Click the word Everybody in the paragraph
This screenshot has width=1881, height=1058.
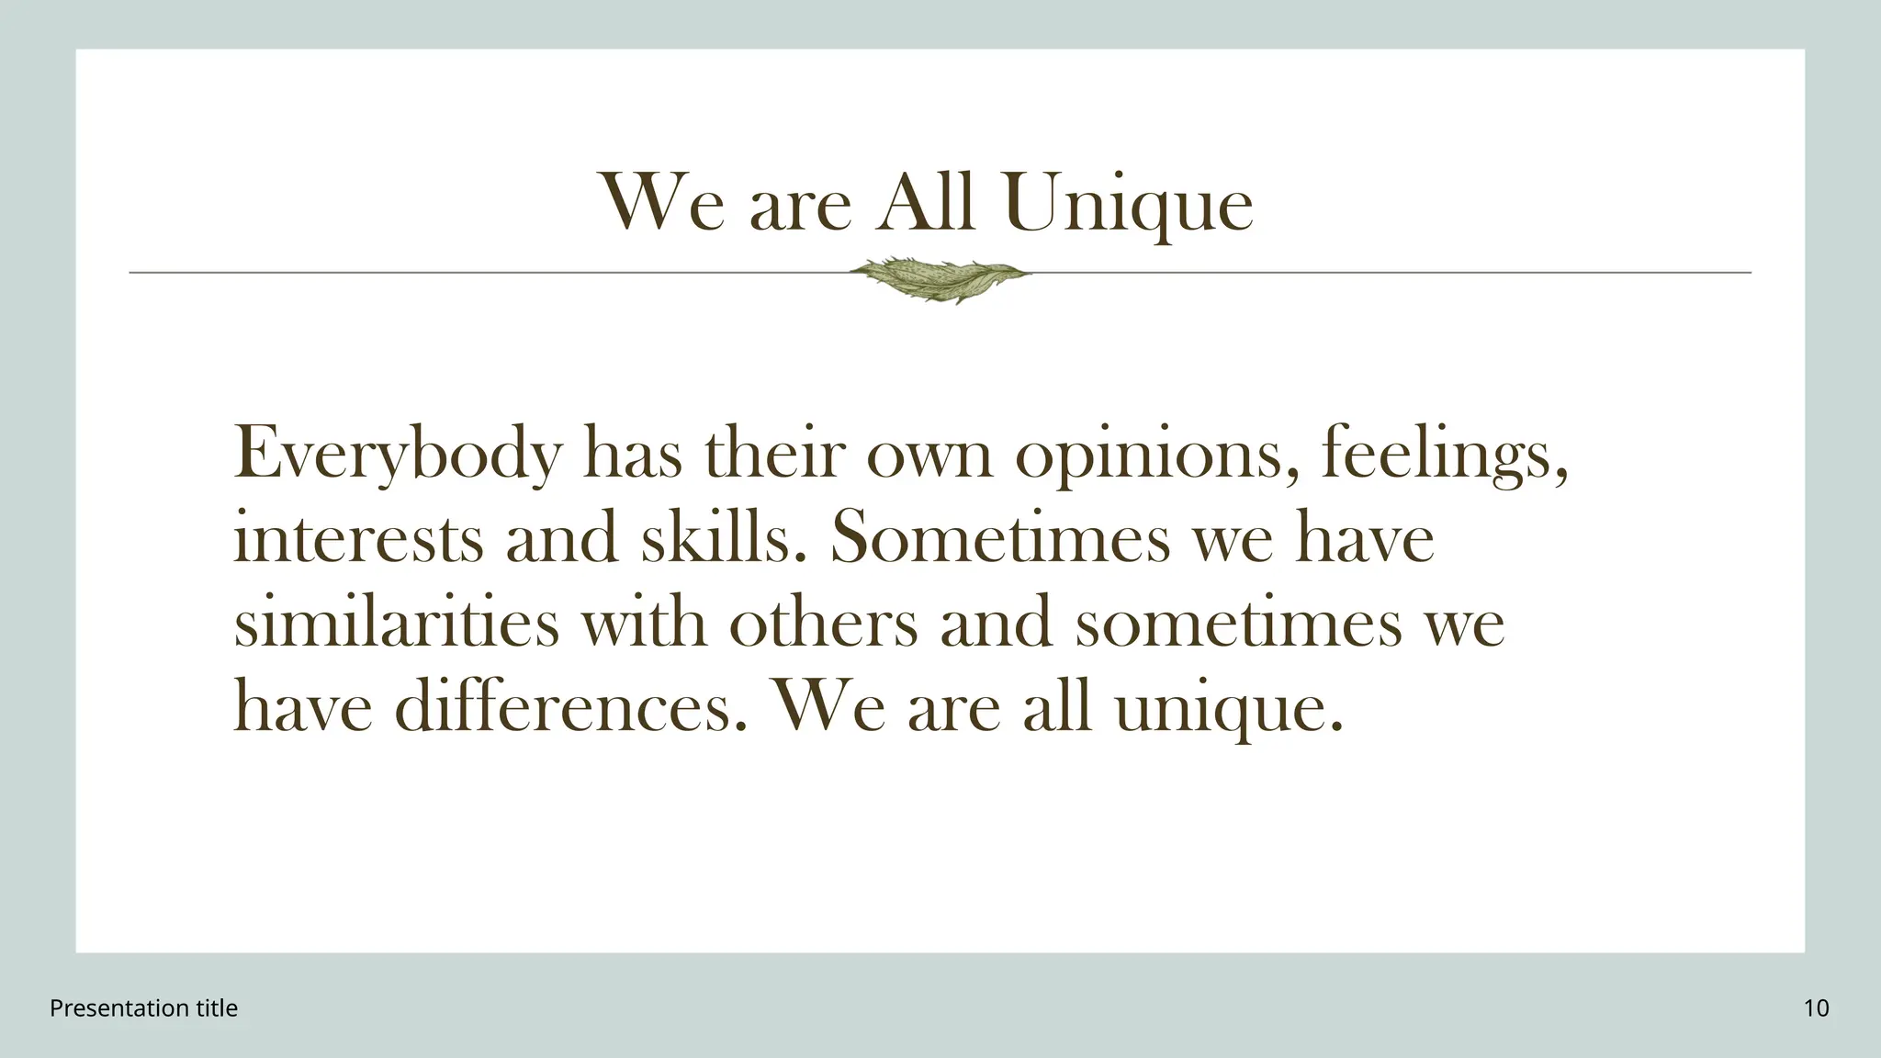(398, 454)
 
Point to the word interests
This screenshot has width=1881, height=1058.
(358, 538)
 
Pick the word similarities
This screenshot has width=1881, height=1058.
(397, 623)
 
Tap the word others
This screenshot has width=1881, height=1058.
(824, 623)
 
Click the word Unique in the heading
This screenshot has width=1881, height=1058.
(1129, 204)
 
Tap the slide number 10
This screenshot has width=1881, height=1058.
(1816, 1008)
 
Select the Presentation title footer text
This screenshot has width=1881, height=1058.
(143, 1008)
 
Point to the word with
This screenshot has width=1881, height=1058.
(644, 623)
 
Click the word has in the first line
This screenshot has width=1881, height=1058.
(633, 454)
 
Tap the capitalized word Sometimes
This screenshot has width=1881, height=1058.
(1000, 538)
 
